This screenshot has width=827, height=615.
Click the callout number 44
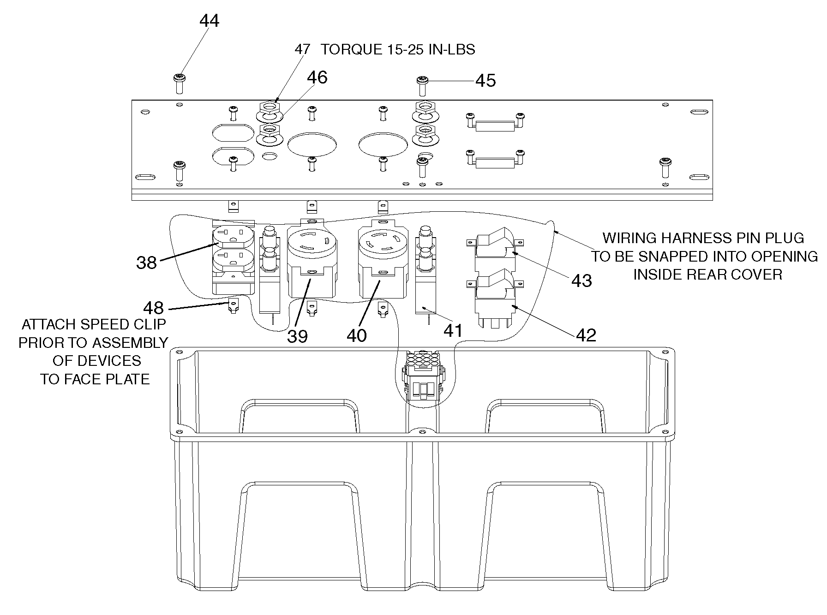point(209,21)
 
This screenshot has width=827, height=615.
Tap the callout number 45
point(485,80)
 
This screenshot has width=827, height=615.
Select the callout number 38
point(146,263)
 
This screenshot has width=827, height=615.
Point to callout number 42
point(586,335)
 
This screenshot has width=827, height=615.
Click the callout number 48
point(153,307)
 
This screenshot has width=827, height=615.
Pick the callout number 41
point(453,330)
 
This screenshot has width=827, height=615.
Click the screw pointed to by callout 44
point(179,84)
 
